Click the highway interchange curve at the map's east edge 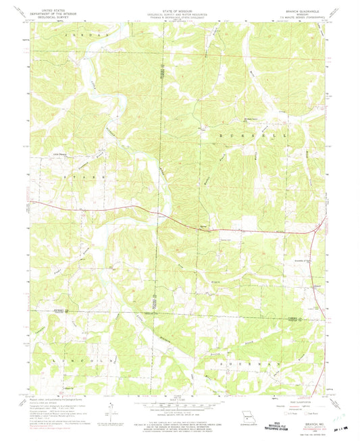tap(315, 233)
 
